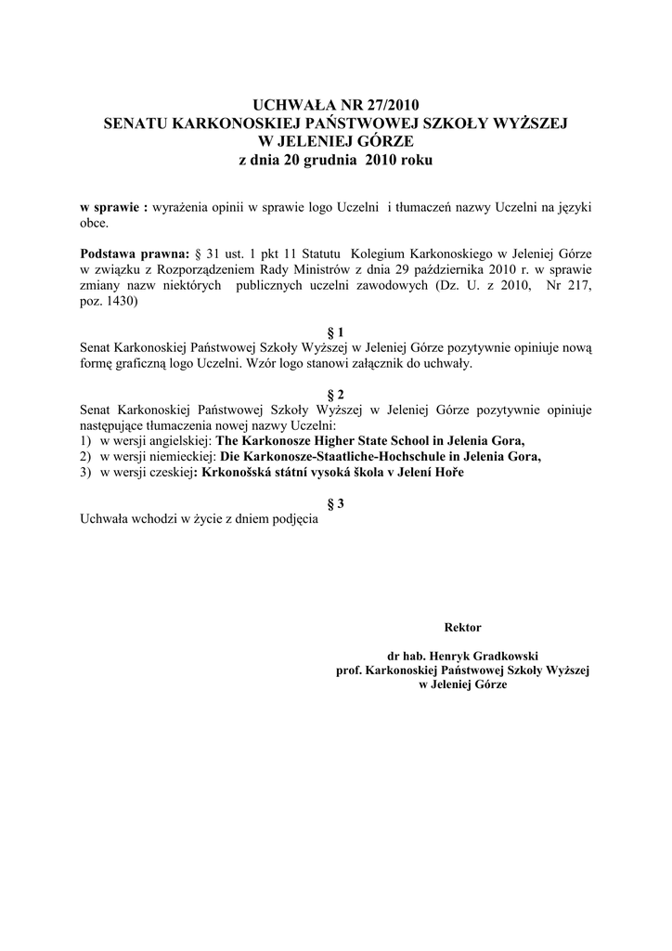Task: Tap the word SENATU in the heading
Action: click(137, 123)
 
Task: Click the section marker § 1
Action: click(337, 332)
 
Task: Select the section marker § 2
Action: click(337, 394)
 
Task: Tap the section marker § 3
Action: click(337, 503)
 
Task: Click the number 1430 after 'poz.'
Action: click(121, 301)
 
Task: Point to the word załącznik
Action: click(379, 363)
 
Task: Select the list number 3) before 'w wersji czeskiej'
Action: click(86, 472)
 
